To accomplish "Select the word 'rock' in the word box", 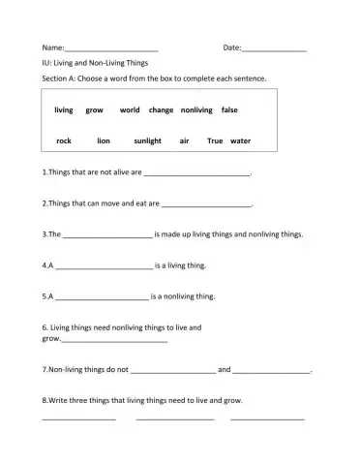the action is pyautogui.click(x=64, y=140).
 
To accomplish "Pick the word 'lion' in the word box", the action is pyautogui.click(x=104, y=140).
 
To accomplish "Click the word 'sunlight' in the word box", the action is pyautogui.click(x=147, y=140).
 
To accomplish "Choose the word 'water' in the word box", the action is pyautogui.click(x=240, y=140).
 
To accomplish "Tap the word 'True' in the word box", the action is pyautogui.click(x=215, y=140).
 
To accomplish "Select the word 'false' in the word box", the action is pyautogui.click(x=229, y=110).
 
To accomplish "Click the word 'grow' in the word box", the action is pyautogui.click(x=94, y=110).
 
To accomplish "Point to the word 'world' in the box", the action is pyautogui.click(x=130, y=110).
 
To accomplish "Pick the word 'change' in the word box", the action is pyautogui.click(x=161, y=110).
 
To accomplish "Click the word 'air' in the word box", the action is pyautogui.click(x=184, y=140).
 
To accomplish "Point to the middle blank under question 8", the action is pyautogui.click(x=174, y=418).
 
